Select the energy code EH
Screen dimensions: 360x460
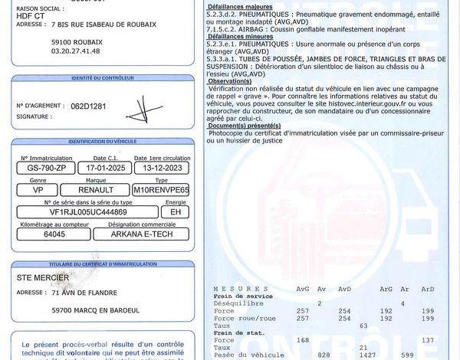coord(175,212)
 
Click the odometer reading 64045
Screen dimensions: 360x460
coord(54,234)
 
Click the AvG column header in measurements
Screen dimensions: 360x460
coord(304,289)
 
